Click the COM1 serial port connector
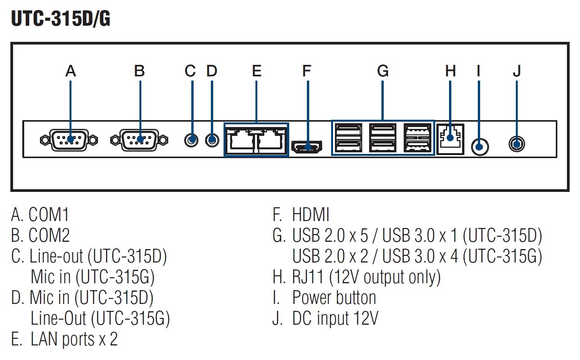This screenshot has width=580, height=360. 69,140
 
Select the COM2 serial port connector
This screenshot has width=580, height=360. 139,140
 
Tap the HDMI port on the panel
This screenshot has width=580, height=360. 307,147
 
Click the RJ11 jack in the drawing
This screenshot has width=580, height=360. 450,139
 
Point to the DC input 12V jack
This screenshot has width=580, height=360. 517,144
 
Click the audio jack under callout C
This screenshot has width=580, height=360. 191,140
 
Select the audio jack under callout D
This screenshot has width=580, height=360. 212,140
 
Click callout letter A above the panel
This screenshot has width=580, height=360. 71,71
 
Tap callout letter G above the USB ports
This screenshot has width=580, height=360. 383,71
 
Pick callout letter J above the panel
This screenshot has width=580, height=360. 517,71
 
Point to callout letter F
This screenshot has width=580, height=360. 307,71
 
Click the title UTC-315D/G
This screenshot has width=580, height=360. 61,19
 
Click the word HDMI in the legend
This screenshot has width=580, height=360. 311,214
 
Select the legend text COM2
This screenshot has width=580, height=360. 49,235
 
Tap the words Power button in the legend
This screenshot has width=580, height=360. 334,297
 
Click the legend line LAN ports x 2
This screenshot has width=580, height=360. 74,339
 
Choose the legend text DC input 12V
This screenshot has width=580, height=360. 335,318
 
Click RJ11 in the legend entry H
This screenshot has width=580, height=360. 308,277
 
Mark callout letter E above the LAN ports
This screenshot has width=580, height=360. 257,71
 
